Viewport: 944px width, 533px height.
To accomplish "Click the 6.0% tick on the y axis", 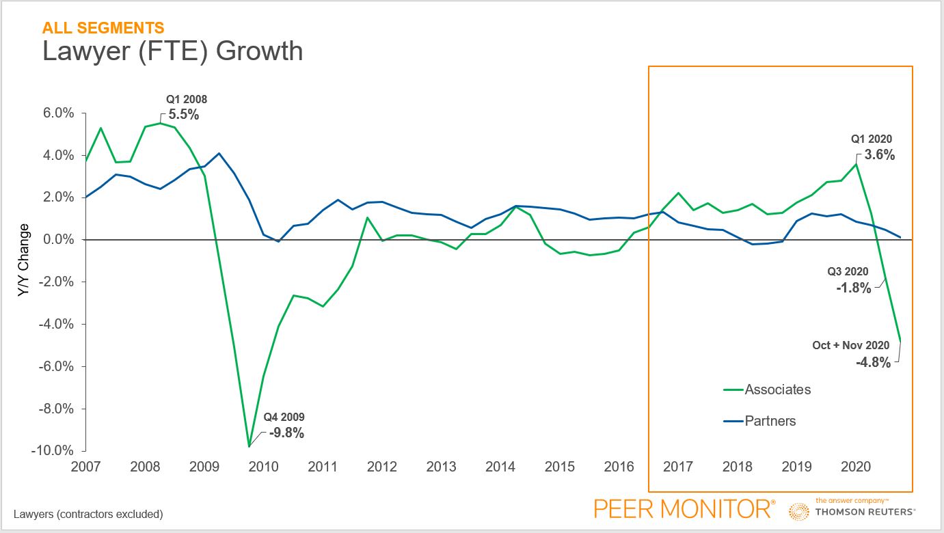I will coord(57,113).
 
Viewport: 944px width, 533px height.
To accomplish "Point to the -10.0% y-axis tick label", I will coord(53,450).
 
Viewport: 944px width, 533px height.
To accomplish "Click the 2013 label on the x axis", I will coord(441,467).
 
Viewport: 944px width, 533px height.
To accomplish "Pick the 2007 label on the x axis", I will coord(86,467).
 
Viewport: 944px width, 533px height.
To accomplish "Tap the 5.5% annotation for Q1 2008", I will coord(184,115).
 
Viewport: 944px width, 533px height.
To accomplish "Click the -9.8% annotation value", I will coord(286,433).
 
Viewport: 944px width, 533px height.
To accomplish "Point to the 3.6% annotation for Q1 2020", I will coord(880,154).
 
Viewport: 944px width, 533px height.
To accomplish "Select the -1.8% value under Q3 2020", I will coord(854,288).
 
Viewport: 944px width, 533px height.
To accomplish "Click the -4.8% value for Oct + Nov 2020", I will coord(874,363).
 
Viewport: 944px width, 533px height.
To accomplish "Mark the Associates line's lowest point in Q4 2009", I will coord(250,446).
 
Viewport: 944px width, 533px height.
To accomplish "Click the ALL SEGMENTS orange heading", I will coord(103,28).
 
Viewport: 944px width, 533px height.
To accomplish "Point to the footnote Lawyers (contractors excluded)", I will coord(88,514).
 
